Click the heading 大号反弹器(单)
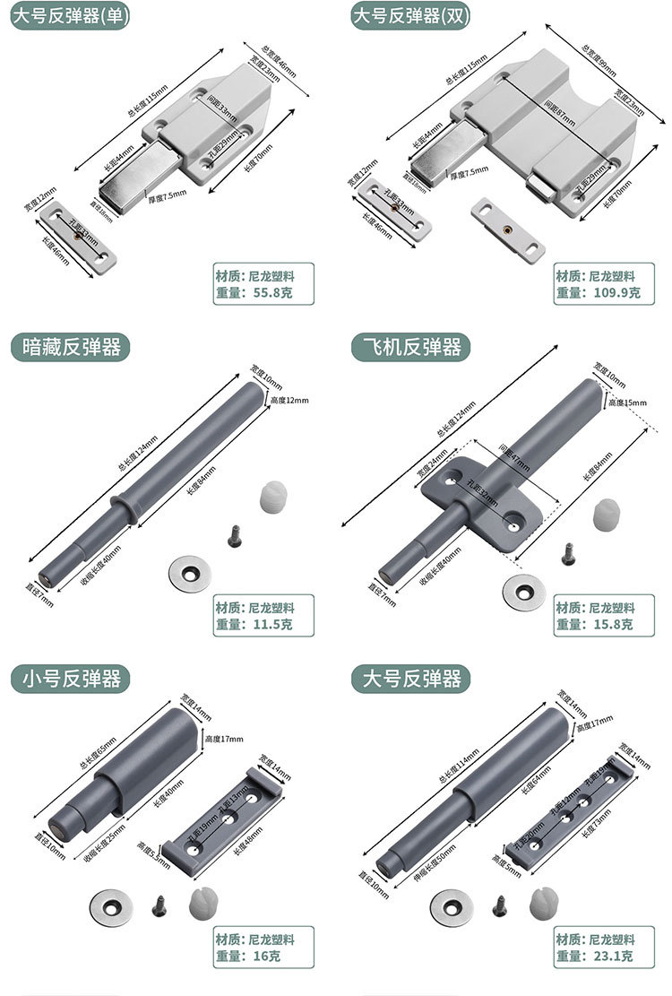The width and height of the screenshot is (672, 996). click(71, 15)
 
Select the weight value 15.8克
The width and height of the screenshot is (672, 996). click(609, 624)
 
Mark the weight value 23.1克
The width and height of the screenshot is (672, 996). click(609, 957)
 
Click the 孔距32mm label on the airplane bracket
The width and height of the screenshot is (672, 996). click(485, 496)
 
